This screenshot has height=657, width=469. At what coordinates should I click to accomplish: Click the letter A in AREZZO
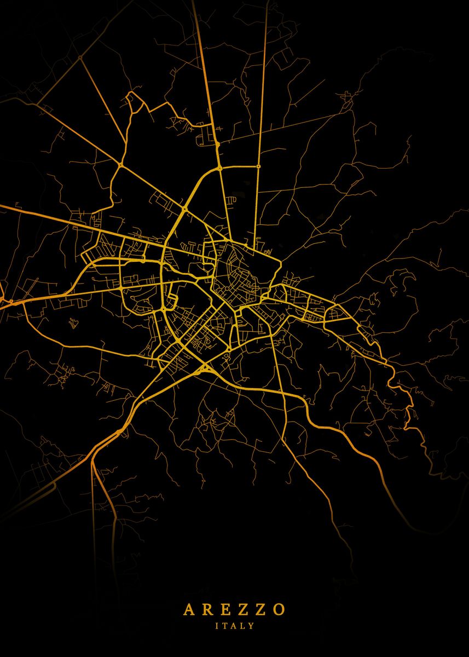188,610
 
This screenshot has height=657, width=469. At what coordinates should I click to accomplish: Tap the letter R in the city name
207,610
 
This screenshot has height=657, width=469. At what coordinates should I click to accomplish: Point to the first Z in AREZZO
243,610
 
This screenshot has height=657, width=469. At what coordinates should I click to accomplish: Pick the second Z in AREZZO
261,610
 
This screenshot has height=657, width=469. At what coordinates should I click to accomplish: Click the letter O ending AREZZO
279,610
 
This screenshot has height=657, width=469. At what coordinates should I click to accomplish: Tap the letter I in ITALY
217,625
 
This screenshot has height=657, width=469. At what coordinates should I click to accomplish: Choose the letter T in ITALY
225,625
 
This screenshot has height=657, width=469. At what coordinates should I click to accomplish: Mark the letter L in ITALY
243,625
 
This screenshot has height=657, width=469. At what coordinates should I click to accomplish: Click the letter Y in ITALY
252,625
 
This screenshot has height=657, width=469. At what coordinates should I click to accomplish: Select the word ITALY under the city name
235,625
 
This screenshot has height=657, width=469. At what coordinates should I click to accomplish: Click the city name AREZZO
234,610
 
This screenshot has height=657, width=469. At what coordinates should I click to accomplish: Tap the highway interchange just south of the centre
206,368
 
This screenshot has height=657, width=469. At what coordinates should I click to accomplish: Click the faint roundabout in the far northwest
80,57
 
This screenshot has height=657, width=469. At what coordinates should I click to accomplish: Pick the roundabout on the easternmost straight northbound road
258,166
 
